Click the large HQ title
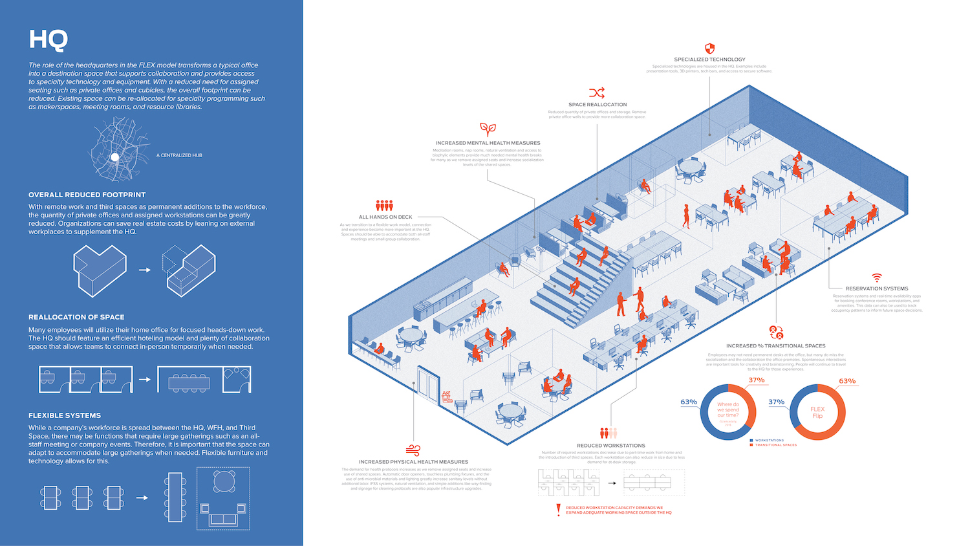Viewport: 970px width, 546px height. (48, 39)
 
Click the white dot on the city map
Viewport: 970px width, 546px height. (114, 157)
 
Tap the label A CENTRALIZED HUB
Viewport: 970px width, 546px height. (179, 155)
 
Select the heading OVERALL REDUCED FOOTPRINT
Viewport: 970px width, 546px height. (87, 195)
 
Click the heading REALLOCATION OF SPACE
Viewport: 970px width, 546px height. (76, 317)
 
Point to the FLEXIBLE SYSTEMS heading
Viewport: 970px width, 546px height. (65, 415)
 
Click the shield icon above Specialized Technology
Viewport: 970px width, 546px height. (709, 49)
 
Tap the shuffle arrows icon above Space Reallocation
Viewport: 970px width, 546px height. (597, 93)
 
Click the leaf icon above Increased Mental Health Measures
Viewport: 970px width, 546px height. (488, 129)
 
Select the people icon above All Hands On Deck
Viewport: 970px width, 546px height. (385, 206)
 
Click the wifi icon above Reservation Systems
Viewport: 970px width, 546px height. (877, 278)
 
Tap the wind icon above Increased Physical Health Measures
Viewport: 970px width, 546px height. (413, 450)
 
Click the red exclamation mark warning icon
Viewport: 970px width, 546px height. (558, 510)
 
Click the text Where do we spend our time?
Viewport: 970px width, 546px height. (727, 409)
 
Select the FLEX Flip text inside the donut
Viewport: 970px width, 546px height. (817, 412)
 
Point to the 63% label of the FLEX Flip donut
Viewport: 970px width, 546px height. (847, 381)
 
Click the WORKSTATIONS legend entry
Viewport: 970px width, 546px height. (769, 441)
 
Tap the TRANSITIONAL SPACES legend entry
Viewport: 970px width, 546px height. (775, 445)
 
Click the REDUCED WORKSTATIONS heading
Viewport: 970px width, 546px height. (611, 446)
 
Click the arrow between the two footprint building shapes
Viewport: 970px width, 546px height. (145, 270)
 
